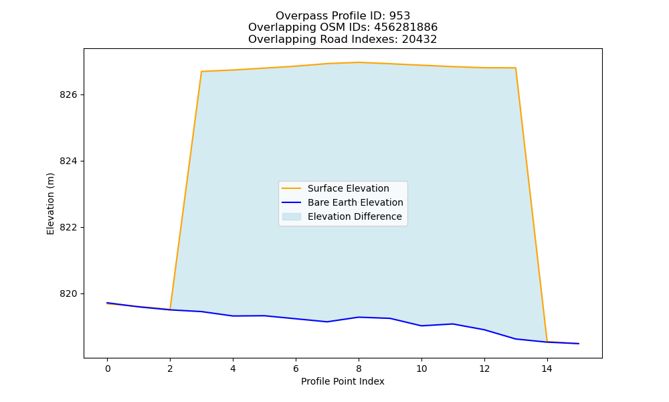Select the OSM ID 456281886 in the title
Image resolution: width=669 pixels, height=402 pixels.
click(x=406, y=27)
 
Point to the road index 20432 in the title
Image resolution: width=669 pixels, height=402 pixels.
click(x=419, y=40)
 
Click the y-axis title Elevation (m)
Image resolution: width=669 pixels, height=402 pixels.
click(x=50, y=204)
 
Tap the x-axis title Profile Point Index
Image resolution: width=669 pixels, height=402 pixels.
click(x=343, y=381)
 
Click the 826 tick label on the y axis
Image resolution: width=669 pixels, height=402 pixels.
click(x=69, y=95)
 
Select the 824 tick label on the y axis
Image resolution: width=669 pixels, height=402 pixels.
click(x=69, y=161)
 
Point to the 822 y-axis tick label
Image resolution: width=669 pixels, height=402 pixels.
click(x=69, y=228)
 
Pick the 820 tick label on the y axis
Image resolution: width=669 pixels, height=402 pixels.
click(x=69, y=294)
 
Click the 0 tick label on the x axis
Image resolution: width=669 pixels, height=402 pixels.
click(x=108, y=368)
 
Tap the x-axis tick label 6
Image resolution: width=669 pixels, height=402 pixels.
click(x=296, y=368)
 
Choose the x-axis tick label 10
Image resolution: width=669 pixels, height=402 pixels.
click(x=421, y=368)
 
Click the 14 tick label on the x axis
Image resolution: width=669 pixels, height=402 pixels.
click(x=547, y=368)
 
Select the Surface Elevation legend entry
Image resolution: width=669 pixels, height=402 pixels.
click(x=336, y=188)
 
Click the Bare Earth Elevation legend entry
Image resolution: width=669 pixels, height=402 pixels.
click(x=343, y=202)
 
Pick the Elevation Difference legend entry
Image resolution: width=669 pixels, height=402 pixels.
click(x=342, y=216)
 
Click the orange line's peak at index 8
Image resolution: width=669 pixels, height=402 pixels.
click(x=359, y=62)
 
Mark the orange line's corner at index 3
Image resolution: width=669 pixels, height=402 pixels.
click(x=201, y=71)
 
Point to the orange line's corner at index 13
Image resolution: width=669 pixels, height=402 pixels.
click(x=515, y=68)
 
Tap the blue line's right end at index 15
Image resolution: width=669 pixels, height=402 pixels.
click(x=579, y=344)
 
